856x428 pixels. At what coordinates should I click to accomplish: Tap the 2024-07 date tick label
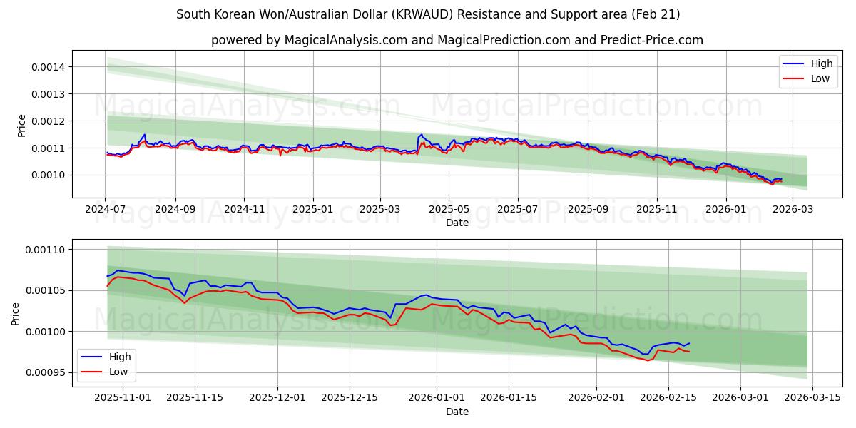pyautogui.click(x=106, y=210)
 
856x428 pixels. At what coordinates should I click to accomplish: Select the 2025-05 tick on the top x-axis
pyautogui.click(x=449, y=210)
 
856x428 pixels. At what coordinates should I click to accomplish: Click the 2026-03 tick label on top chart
pyautogui.click(x=793, y=210)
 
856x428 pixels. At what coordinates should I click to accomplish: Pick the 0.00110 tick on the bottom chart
pyautogui.click(x=45, y=250)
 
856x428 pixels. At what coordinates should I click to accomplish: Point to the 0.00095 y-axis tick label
pyautogui.click(x=45, y=373)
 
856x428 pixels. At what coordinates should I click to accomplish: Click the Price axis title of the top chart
pyautogui.click(x=21, y=125)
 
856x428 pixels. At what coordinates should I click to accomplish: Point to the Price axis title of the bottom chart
pyautogui.click(x=16, y=313)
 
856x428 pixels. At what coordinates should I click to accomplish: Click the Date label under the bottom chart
pyautogui.click(x=457, y=412)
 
